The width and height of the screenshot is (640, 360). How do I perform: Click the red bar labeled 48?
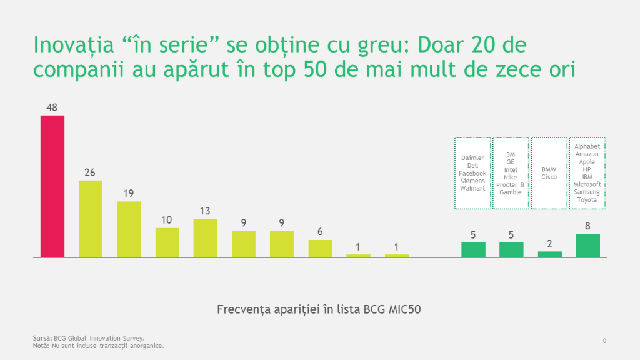click(52, 186)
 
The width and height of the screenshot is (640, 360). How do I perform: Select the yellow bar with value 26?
click(91, 219)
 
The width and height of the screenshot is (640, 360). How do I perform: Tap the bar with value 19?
click(129, 229)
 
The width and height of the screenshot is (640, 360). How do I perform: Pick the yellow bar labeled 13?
click(205, 238)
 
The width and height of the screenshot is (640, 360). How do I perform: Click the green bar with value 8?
click(587, 246)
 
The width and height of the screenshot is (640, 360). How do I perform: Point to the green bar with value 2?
click(549, 254)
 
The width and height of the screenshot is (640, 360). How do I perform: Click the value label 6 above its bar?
click(320, 232)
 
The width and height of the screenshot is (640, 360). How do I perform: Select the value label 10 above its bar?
click(167, 219)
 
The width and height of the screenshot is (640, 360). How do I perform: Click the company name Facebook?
click(472, 173)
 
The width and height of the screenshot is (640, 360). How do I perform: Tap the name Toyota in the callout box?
click(587, 199)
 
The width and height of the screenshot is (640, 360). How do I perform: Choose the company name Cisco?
click(549, 177)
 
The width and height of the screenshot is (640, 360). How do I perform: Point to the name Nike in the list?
click(511, 177)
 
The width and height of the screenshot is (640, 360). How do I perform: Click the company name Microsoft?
click(587, 184)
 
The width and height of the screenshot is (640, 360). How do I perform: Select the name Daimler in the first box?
click(472, 158)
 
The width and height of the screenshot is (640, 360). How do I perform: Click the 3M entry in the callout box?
click(511, 154)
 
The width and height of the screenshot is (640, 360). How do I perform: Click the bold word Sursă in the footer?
click(42, 338)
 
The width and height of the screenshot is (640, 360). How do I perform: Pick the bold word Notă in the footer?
click(41, 346)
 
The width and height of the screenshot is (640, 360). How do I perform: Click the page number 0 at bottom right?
click(604, 341)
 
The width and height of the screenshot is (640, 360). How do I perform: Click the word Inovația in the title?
click(72, 46)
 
